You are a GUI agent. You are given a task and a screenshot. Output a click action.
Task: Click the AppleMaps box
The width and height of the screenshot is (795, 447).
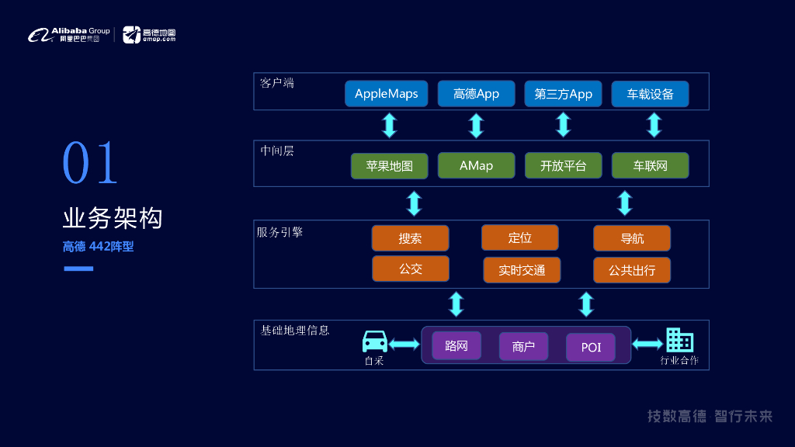386,94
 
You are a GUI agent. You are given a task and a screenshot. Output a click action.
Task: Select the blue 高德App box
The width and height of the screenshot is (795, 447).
476,94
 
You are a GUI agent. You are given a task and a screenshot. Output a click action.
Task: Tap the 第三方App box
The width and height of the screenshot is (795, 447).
563,94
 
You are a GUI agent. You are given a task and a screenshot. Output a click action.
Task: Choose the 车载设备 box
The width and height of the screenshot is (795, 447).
650,94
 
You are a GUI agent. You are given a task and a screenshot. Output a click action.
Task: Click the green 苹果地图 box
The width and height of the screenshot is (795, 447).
389,165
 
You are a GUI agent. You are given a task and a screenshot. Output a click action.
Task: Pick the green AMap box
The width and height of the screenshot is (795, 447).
476,165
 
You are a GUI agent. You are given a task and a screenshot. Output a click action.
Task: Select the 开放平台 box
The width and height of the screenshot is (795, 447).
563,165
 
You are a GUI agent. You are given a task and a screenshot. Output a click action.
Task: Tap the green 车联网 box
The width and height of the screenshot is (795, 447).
650,165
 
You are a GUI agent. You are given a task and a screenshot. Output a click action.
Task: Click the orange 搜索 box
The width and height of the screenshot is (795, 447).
410,238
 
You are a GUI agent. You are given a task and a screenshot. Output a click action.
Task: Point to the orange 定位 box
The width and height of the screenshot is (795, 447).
519,237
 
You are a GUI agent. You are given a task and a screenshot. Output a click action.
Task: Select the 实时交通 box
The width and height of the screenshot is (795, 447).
522,269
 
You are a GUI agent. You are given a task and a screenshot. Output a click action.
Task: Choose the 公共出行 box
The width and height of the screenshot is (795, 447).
631,269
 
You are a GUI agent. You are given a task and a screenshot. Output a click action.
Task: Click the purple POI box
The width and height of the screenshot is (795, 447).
591,347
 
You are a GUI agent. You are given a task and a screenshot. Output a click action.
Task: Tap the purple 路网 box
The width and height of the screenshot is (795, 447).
457,345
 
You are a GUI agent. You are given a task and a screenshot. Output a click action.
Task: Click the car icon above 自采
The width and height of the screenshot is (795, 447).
375,341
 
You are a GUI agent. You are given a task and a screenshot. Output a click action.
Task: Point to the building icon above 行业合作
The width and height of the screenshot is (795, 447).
679,340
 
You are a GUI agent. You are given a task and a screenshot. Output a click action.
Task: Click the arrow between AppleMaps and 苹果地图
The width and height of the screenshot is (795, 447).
390,125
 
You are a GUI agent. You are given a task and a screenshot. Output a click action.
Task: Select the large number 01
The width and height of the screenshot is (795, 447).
90,163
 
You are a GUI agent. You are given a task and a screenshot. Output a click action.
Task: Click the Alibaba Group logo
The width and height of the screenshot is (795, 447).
69,35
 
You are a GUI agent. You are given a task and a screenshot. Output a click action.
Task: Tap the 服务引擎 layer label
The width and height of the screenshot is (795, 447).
279,232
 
